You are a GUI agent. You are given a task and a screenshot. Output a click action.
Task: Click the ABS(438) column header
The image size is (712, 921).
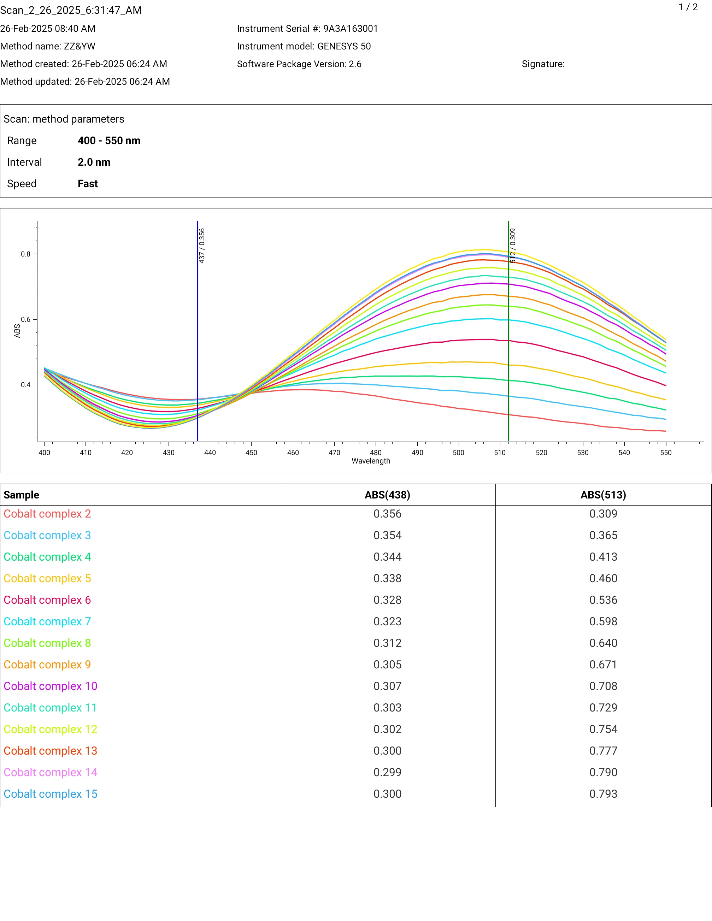387,495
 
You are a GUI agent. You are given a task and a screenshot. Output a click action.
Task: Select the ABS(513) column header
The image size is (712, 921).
603,495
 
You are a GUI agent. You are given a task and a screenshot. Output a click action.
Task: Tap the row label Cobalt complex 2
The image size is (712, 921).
47,514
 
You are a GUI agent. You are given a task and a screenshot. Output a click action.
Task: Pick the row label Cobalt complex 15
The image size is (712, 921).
51,794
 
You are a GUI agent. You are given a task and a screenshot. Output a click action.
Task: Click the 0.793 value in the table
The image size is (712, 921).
603,794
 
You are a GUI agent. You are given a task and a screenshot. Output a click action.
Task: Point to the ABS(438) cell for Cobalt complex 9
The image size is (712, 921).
387,665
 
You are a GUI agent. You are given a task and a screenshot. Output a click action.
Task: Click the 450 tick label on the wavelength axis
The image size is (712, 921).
251,453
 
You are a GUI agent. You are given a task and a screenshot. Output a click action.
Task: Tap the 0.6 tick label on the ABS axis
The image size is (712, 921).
26,319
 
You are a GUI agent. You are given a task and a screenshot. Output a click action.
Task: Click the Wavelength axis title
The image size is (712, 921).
371,461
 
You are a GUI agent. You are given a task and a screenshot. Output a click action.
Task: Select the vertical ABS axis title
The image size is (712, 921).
17,331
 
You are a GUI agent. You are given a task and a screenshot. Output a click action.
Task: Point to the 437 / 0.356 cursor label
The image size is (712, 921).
202,246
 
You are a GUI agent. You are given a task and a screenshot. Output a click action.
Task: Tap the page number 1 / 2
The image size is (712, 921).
688,7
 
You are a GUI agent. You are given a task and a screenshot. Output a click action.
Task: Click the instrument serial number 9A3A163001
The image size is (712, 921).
351,29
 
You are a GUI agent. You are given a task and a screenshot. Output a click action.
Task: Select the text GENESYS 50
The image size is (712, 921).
344,46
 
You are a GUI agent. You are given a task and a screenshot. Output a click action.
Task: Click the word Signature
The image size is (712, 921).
542,64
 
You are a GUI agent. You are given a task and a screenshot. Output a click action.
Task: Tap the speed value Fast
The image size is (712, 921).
88,183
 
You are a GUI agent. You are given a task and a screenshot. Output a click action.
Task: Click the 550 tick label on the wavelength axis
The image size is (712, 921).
666,453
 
